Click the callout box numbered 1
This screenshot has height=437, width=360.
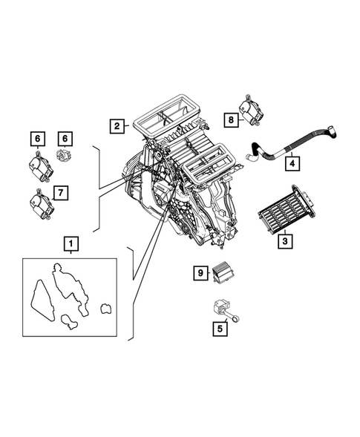coord(70,243)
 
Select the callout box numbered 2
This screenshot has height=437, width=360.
coord(117,126)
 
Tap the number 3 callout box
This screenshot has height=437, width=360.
coord(284,240)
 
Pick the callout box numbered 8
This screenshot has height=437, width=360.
coord(232,119)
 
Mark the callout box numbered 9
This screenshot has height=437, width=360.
coord(199,274)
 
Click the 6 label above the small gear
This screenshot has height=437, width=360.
coord(65,138)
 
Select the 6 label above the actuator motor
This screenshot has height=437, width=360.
coord(34,138)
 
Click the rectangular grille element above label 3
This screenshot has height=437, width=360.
coord(285,210)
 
